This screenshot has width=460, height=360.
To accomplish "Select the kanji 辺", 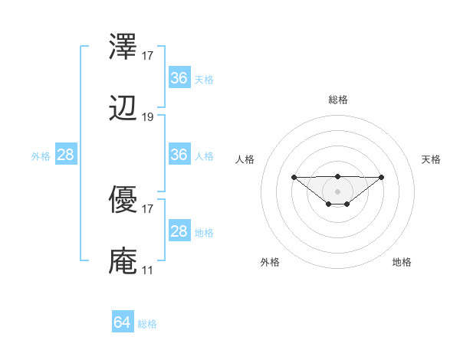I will [123, 110].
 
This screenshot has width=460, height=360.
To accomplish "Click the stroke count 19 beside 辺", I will [148, 117].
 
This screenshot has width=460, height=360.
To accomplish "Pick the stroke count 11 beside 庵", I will [147, 270].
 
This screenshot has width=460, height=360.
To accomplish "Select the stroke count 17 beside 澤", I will [148, 55].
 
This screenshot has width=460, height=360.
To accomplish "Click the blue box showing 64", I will [123, 323].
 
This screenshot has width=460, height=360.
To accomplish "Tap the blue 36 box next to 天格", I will [179, 78].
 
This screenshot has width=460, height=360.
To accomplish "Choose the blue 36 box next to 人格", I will [179, 155].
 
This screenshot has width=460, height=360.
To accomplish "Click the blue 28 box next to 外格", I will [65, 155].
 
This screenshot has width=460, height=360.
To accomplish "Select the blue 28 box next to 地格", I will [179, 232].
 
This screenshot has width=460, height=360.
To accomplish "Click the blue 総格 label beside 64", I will [147, 324].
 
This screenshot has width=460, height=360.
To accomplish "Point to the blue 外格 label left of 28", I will [41, 156].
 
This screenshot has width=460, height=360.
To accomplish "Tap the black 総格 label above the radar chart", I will [337, 100].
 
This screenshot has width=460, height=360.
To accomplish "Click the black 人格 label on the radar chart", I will [245, 159].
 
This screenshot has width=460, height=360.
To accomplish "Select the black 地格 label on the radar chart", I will [402, 262].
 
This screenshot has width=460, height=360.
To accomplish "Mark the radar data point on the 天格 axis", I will [382, 177].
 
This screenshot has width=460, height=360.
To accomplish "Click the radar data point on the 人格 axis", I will [294, 177].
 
